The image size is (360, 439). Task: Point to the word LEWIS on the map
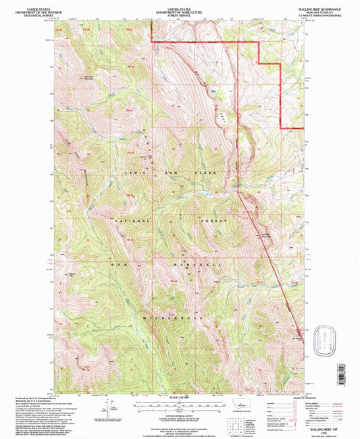point(131,173)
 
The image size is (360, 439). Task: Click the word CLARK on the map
point(206,174)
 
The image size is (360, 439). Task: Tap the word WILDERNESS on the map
point(173,317)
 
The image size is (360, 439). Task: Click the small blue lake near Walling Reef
point(214,89)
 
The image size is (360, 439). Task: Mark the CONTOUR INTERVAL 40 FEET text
point(179,411)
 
